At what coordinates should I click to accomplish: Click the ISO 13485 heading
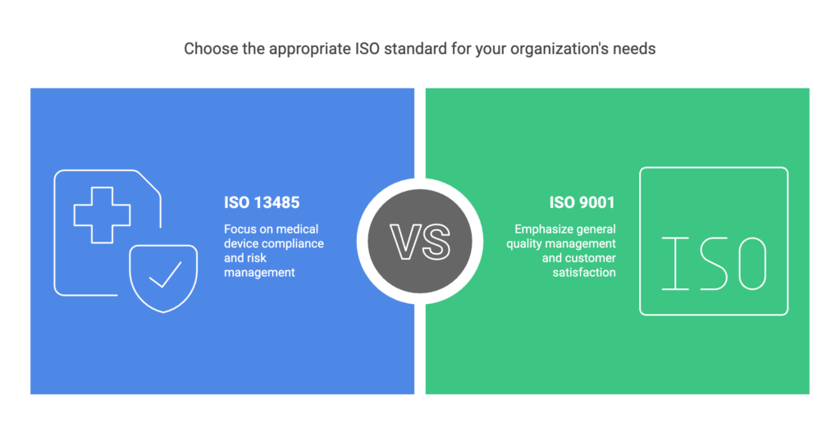pyautogui.click(x=262, y=202)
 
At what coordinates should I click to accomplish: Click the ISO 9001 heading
pyautogui.click(x=582, y=202)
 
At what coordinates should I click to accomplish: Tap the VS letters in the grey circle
pyautogui.click(x=420, y=242)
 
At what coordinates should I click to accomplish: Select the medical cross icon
pyautogui.click(x=102, y=215)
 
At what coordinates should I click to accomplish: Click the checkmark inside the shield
pyautogui.click(x=165, y=274)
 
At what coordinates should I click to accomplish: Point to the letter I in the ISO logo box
pyautogui.click(x=676, y=264)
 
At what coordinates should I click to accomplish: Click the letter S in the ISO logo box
pyautogui.click(x=714, y=264)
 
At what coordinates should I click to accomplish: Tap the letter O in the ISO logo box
pyautogui.click(x=752, y=264)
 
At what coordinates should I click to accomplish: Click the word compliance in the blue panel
pyautogui.click(x=296, y=244)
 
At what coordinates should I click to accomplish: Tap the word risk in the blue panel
pyautogui.click(x=256, y=258)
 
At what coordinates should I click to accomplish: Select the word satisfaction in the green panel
pyautogui.click(x=584, y=272)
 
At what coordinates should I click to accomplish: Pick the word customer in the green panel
pyautogui.click(x=589, y=258)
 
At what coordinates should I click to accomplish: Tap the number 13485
pyautogui.click(x=277, y=202)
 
